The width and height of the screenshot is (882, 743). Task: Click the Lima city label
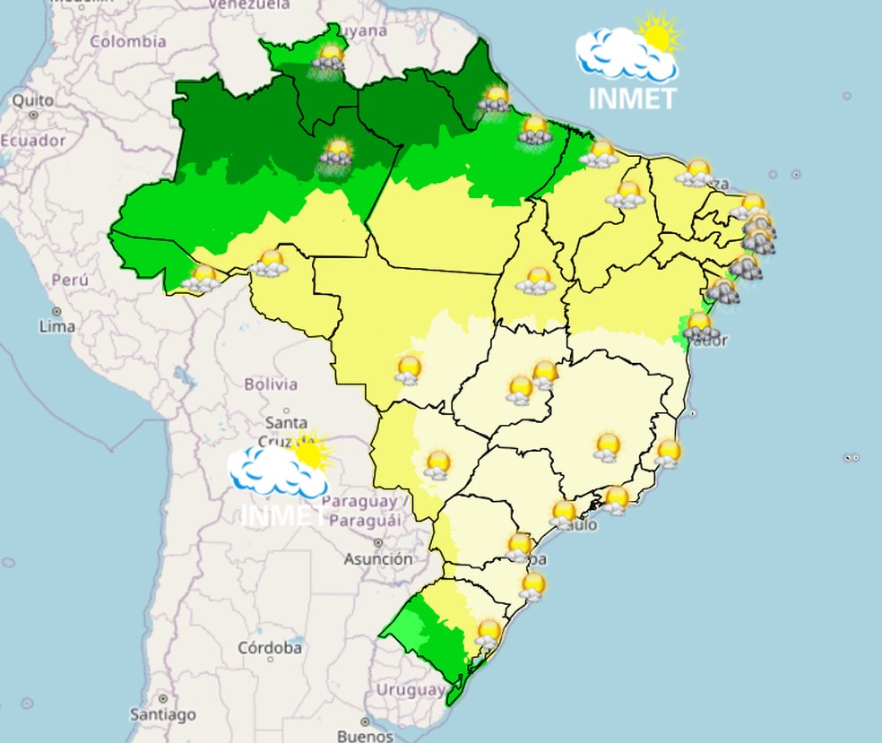click(x=56, y=327)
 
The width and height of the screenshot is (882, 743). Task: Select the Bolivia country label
click(x=270, y=384)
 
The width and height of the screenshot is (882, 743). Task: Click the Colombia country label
click(x=127, y=41)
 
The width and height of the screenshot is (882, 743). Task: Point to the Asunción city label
click(x=378, y=558)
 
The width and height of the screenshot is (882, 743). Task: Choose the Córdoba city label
click(x=270, y=647)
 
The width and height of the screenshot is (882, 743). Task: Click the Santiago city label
click(x=161, y=714)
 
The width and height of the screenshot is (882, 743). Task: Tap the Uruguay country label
click(x=410, y=690)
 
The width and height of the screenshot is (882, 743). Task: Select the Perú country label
click(x=69, y=280)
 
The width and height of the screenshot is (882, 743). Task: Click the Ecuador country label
click(x=33, y=141)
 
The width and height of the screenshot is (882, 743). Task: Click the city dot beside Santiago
click(x=162, y=698)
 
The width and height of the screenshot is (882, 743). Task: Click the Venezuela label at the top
click(x=250, y=5)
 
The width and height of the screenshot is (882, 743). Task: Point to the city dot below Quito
click(x=34, y=115)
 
